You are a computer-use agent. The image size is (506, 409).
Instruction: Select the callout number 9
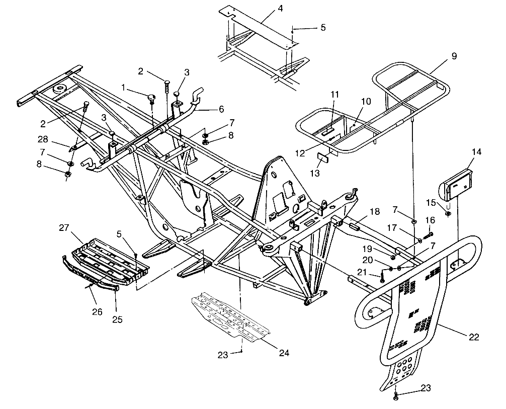pos(454,56)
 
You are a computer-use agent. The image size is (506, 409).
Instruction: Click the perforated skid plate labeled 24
pos(230,317)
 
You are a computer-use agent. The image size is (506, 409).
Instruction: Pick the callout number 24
pos(284,353)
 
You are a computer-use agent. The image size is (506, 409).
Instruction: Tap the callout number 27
pos(64,227)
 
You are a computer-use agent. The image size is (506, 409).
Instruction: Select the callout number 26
pos(97,312)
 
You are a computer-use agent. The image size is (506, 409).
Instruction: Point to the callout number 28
pos(44,138)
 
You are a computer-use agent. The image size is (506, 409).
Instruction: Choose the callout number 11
pos(335,94)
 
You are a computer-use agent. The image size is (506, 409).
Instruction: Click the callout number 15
pos(430,202)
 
